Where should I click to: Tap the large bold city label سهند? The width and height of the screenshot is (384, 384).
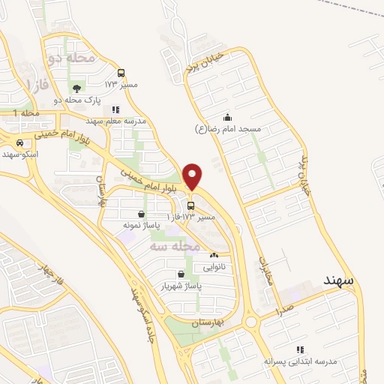[x=338, y=279]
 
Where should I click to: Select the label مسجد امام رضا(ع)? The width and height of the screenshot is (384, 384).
[x=228, y=130]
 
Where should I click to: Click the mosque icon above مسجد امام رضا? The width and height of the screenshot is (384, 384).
[x=228, y=118]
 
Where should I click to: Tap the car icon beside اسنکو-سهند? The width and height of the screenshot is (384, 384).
[x=19, y=142]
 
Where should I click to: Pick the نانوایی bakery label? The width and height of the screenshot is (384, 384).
[x=214, y=265]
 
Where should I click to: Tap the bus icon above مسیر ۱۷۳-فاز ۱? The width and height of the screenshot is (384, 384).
[x=190, y=205]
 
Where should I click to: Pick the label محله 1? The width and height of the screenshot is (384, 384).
[x=25, y=112]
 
